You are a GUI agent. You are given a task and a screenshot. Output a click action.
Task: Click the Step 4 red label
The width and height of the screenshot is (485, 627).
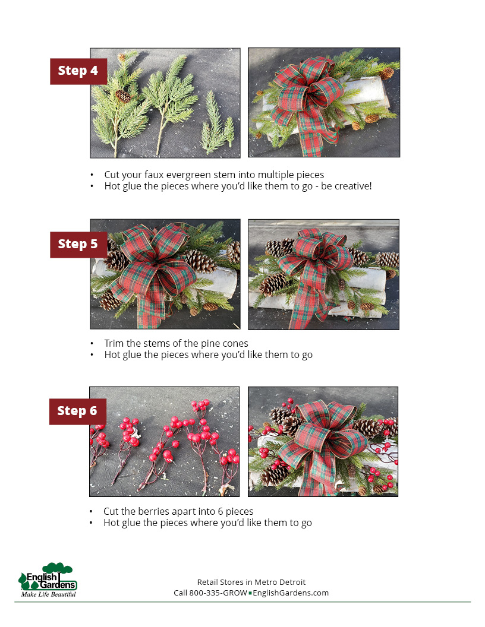(x=78, y=71)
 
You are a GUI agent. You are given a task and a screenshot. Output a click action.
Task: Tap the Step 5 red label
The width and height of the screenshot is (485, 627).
(x=78, y=244)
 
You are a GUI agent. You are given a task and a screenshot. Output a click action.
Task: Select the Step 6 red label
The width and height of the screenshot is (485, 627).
(x=78, y=411)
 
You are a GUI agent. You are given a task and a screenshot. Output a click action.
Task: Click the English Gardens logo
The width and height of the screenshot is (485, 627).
(x=48, y=580)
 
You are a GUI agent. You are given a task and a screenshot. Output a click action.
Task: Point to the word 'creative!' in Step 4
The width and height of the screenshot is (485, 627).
(x=353, y=186)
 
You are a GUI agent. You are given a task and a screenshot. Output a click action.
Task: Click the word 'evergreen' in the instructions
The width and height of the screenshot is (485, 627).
(x=188, y=175)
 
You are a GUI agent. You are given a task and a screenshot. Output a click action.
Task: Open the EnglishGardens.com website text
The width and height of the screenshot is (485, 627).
(x=291, y=593)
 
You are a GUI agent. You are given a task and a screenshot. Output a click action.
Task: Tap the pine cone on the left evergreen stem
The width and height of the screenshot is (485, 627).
(x=123, y=96)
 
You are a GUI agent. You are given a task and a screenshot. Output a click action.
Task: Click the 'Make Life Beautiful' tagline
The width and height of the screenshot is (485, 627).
(x=48, y=594)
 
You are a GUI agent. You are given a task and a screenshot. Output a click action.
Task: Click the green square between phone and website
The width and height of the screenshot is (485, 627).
(x=250, y=593)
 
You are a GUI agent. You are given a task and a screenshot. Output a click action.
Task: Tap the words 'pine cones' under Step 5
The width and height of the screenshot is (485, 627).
(x=225, y=344)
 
